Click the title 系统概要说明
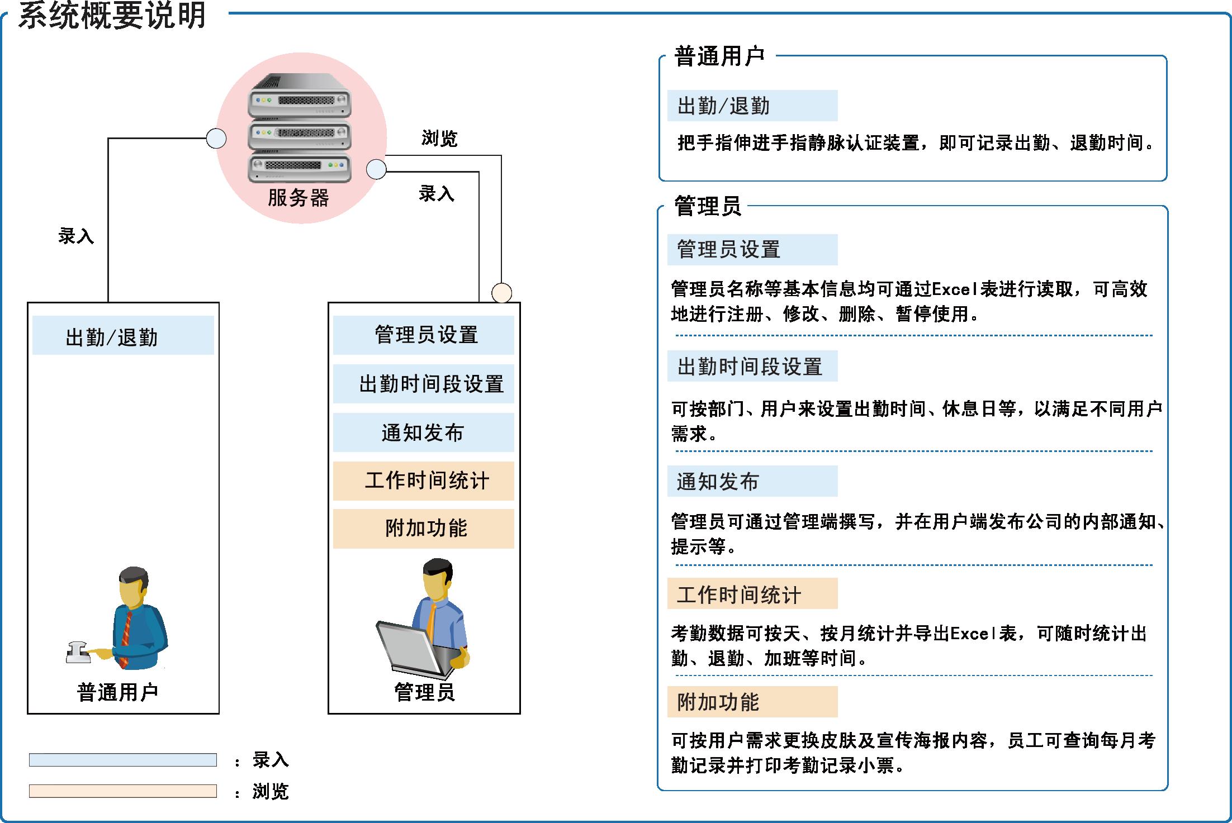click(112, 15)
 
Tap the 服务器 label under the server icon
click(298, 198)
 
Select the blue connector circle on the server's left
click(216, 138)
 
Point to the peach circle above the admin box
click(501, 293)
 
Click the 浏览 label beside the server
click(439, 138)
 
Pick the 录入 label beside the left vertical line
click(76, 236)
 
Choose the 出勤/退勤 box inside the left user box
click(123, 335)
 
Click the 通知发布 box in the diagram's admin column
click(423, 432)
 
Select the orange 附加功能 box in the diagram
click(423, 529)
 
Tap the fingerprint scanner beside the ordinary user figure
click(79, 653)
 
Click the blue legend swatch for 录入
click(123, 760)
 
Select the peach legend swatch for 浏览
click(123, 791)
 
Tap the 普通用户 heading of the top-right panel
click(719, 56)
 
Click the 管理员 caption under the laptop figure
click(424, 692)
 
